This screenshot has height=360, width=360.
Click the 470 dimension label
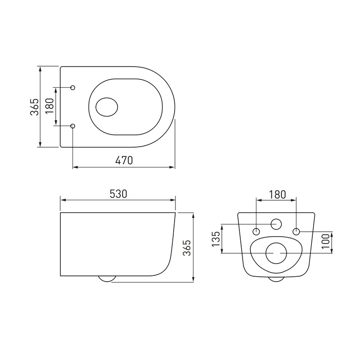click(124, 160)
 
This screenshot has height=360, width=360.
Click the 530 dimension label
click(118, 194)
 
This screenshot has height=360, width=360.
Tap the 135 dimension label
click(216, 239)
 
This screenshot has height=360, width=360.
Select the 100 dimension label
click(325, 241)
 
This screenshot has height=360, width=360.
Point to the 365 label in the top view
click(35, 107)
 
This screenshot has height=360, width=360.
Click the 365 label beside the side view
click(187, 248)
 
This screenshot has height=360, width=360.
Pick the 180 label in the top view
click(49, 106)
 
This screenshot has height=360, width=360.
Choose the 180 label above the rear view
click(277, 195)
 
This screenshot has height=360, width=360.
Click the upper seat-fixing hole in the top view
click(73, 87)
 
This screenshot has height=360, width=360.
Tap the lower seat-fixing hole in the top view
click(73, 126)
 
